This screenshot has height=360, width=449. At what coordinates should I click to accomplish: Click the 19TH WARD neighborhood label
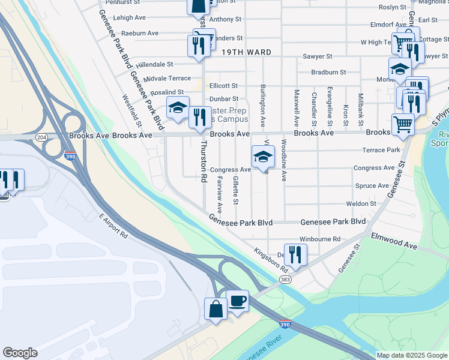point(243,52)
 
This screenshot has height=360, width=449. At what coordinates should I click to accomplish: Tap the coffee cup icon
point(238,301)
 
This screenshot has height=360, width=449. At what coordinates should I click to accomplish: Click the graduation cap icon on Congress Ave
point(262,157)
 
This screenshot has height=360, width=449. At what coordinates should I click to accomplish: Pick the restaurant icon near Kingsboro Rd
point(295,254)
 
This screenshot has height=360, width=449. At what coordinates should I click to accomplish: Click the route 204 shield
point(41,137)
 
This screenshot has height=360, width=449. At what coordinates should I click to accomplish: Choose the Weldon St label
point(361,203)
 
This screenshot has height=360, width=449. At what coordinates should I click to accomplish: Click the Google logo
point(20,353)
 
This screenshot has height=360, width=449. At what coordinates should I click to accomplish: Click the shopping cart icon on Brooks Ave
point(403,125)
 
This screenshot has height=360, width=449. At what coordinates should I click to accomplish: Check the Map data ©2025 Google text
point(411,355)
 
